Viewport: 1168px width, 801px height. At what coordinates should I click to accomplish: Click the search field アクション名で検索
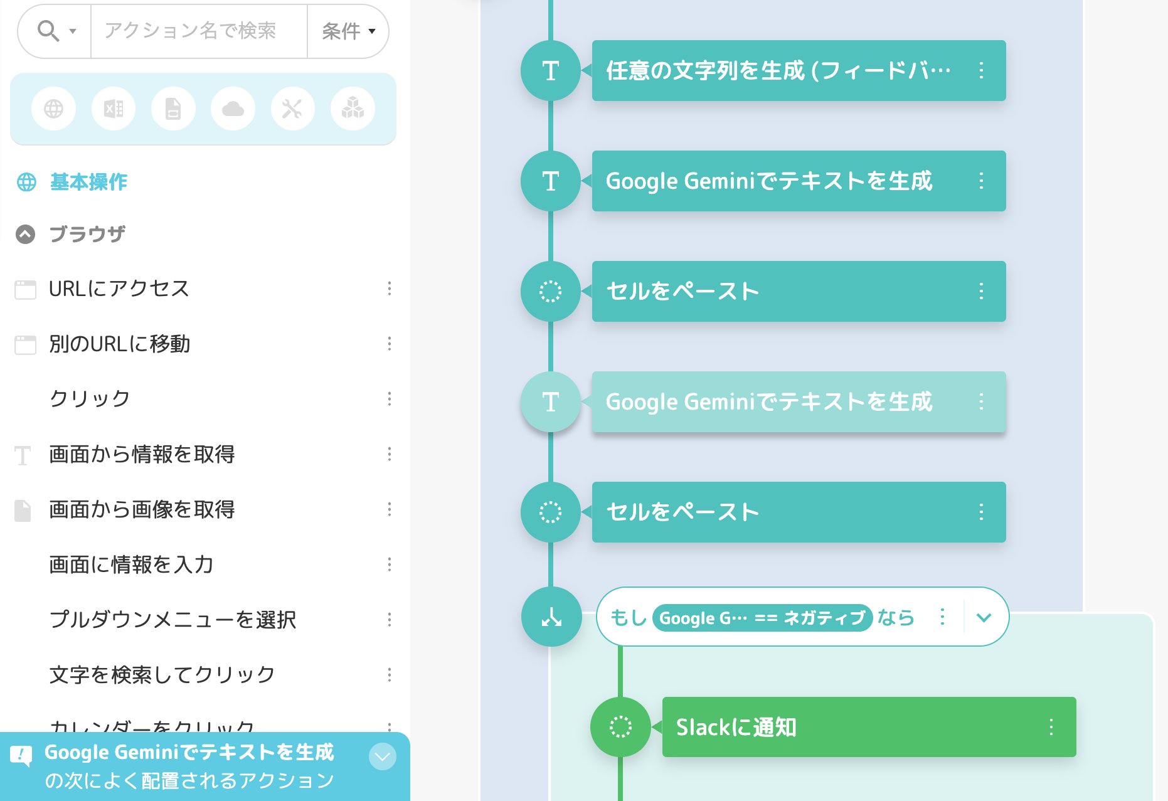click(198, 31)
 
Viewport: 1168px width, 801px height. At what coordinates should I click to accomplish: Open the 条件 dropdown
click(348, 31)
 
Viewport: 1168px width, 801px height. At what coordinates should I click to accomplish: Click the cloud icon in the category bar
click(233, 109)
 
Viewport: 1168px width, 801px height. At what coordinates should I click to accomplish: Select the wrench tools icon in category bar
click(292, 109)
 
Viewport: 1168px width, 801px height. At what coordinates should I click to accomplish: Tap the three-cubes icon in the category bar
click(353, 109)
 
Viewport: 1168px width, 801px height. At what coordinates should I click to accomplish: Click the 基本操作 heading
click(88, 182)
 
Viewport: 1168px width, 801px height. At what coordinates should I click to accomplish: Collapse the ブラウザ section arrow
click(25, 234)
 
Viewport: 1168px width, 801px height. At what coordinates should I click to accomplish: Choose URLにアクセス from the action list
click(119, 289)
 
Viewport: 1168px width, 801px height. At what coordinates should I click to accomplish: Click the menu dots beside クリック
click(390, 399)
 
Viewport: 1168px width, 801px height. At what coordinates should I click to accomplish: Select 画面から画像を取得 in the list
click(142, 509)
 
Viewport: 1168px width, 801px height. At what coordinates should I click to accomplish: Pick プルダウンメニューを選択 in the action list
click(173, 620)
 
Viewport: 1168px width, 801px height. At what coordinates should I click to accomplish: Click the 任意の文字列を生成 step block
click(778, 71)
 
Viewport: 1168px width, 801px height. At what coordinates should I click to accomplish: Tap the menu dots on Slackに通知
click(1051, 727)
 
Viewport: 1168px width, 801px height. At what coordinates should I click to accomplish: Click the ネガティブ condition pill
click(762, 618)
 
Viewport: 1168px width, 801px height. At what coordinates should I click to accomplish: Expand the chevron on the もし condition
click(984, 618)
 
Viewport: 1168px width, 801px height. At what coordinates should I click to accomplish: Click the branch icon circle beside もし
click(551, 617)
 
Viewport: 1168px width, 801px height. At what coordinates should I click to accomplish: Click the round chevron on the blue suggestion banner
click(383, 756)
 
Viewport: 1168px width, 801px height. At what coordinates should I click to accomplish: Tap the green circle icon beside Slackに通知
click(620, 727)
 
